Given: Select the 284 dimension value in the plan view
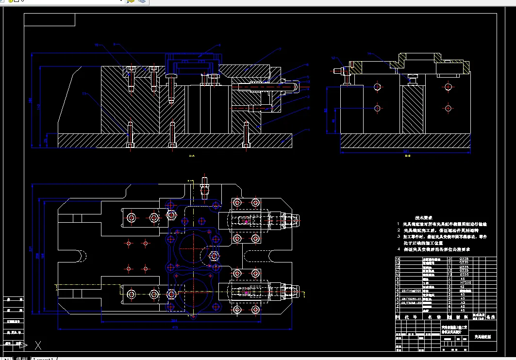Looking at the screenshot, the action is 174,320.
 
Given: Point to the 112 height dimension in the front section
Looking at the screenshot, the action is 38,106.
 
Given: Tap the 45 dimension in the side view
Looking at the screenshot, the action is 333,120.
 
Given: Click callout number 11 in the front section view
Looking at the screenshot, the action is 83,93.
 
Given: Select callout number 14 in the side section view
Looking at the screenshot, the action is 369,53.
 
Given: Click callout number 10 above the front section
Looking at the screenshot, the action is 96,45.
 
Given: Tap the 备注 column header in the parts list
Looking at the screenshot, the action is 491,317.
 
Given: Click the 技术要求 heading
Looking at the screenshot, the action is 423,218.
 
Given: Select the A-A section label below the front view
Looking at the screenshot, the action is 191,156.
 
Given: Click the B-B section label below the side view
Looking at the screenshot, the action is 407,156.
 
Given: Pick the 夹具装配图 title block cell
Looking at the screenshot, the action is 483,336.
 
